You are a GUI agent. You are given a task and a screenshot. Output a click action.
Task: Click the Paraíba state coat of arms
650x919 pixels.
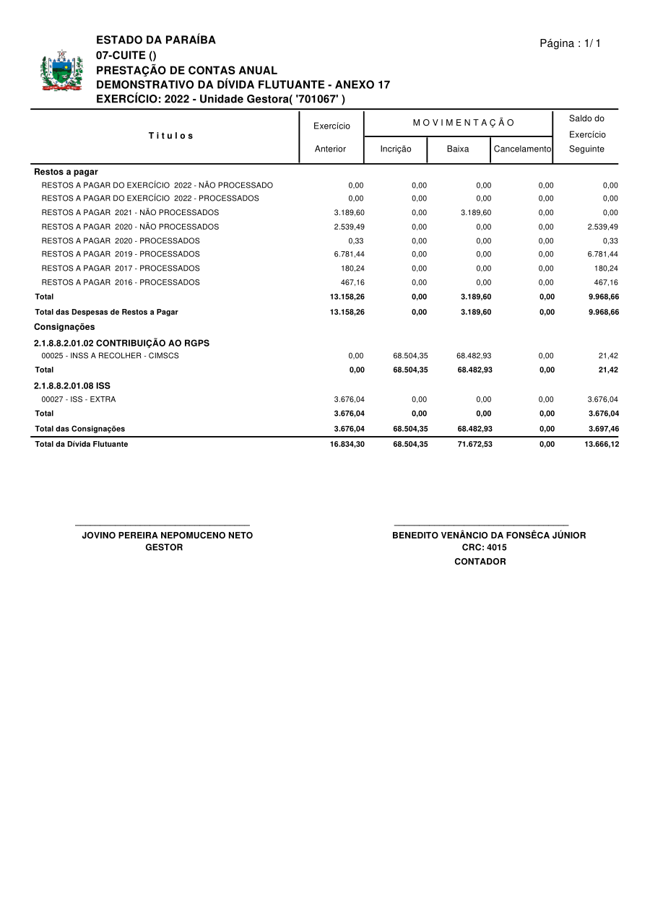coord(61,71)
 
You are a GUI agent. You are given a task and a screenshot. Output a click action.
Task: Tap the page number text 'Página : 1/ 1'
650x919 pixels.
coord(570,43)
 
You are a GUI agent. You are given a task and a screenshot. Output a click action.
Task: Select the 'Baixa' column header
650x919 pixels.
coord(458,149)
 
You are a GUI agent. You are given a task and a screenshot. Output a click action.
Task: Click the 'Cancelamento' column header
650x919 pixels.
coord(522,149)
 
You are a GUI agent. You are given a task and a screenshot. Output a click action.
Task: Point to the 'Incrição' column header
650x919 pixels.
coord(396,149)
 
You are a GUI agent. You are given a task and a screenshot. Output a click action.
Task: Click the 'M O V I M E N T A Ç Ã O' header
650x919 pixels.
coord(464,123)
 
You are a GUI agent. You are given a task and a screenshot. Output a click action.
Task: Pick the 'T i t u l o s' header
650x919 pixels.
coord(171,136)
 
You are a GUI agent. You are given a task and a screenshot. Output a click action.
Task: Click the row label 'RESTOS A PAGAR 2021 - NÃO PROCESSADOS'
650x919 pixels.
coord(130,212)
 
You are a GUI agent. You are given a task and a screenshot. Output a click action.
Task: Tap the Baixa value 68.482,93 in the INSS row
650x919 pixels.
coord(474,356)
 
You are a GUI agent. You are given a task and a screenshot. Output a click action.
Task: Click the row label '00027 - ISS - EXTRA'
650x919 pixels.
coord(78,399)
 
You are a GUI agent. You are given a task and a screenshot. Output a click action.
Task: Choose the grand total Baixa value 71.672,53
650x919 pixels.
coord(474,445)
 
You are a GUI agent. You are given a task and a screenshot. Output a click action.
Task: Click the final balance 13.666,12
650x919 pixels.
coord(602,445)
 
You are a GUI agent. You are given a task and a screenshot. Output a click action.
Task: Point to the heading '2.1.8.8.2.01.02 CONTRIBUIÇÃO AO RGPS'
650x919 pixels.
coord(121,344)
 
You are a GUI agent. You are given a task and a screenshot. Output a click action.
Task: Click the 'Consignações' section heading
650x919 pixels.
coord(64,327)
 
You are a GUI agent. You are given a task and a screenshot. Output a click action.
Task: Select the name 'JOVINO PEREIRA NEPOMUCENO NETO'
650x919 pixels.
coord(168,536)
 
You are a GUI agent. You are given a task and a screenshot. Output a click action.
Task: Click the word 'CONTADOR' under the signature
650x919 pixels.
coord(480,562)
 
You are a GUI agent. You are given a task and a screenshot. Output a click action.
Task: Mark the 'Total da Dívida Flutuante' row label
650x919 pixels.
coord(82,445)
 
